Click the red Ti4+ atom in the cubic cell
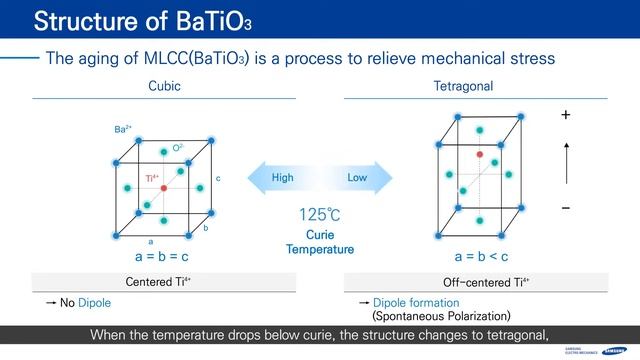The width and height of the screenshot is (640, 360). [x=163, y=187]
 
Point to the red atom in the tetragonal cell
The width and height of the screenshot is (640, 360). [x=481, y=155]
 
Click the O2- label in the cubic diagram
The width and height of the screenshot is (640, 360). [x=178, y=148]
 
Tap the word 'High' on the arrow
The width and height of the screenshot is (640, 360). [x=283, y=178]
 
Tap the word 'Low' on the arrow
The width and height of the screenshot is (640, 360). [x=357, y=178]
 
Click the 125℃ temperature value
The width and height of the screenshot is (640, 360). [x=320, y=214]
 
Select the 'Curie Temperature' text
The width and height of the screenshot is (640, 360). [x=320, y=241]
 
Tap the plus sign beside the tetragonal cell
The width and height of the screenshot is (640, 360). [x=566, y=116]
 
